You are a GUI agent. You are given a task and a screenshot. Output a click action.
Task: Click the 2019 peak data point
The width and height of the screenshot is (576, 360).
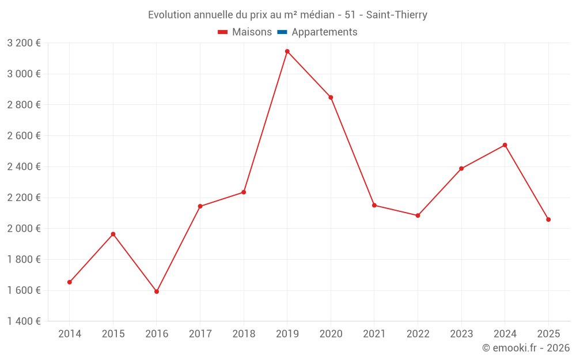[287, 51]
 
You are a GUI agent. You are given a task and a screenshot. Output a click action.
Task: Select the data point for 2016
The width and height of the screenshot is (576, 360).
[157, 291]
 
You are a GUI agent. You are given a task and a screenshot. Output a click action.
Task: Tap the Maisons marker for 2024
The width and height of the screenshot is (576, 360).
[505, 145]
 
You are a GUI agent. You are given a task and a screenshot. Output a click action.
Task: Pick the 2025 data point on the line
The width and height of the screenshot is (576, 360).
[548, 219]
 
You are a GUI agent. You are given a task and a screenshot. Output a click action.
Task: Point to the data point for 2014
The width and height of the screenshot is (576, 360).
[70, 282]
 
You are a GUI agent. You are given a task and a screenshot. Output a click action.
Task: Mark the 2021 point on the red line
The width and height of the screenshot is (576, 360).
[374, 205]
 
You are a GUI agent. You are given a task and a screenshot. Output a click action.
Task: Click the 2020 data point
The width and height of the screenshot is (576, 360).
[331, 97]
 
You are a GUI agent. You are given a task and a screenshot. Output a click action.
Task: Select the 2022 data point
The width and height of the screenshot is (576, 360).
[418, 215]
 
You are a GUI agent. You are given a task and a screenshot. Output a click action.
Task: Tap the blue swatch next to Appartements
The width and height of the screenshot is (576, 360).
[282, 32]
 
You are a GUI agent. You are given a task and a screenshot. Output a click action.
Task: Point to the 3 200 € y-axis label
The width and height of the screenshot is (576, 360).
[24, 43]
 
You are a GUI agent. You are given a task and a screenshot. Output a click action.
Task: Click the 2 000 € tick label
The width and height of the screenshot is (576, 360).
[24, 228]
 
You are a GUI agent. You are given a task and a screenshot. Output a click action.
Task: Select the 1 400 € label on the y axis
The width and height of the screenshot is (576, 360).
[24, 321]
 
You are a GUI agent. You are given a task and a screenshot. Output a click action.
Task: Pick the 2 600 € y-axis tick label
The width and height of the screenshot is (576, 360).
[24, 135]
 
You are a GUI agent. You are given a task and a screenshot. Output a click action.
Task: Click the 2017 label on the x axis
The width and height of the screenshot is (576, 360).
[200, 334]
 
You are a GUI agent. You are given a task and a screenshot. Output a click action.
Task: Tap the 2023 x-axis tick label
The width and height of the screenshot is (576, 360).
[461, 334]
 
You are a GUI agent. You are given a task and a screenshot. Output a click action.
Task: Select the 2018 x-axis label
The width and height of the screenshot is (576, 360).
[244, 334]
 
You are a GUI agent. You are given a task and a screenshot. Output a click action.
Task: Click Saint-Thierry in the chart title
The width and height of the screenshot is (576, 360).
[397, 15]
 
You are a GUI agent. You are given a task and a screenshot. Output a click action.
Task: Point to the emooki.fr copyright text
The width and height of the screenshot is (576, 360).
[526, 348]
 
